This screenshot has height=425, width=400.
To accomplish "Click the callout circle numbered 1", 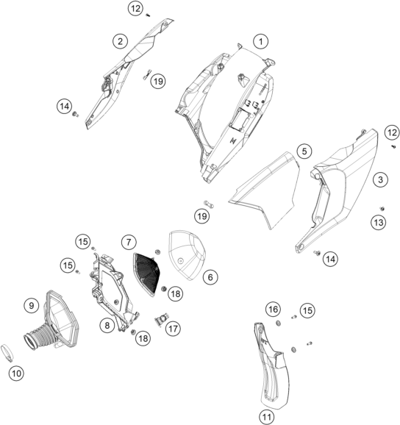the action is pos(261,41).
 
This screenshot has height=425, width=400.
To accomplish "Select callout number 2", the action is pos(120,41).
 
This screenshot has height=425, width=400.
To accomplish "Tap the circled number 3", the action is pos(380,179).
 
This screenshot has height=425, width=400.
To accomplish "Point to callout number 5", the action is pos(304,151).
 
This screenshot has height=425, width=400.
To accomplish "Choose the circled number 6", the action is pos(210,277).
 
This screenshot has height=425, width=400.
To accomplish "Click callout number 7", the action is pos(129,242).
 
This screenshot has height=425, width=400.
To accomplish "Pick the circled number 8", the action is pos(107,325).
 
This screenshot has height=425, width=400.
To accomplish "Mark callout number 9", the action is pos(32,305).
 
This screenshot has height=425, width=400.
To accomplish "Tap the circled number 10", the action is pos(16,374).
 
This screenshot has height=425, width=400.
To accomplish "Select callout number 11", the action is pos(267,417).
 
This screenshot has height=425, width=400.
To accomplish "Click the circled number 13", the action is pos(379,223).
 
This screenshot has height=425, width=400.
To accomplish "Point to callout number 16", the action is pos(273,309).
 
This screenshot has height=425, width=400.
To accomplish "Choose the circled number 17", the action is pos(173,329).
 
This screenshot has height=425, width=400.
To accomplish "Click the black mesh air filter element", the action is pos(146,274).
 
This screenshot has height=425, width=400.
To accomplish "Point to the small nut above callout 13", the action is pos(382,208).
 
